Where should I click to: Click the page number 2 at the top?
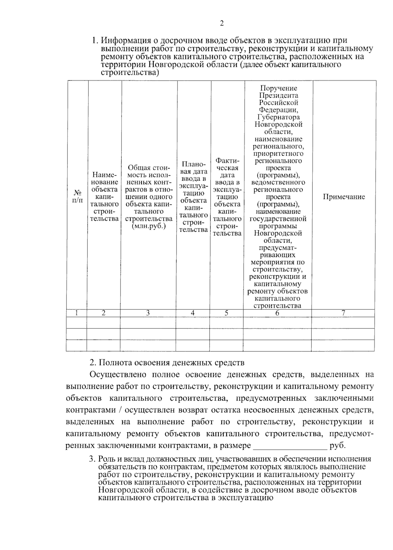[x=221, y=23]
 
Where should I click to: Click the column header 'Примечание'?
[x=344, y=197]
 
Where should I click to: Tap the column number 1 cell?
[x=76, y=313]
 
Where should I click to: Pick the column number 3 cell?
[x=148, y=313]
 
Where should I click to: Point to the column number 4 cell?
[x=193, y=313]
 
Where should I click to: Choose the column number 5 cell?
[x=227, y=313]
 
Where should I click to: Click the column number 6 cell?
[x=277, y=313]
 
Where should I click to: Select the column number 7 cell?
[x=343, y=313]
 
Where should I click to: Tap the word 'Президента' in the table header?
[x=279, y=95]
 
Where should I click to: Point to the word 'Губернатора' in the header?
[x=279, y=117]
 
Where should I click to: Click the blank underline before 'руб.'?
[x=290, y=446]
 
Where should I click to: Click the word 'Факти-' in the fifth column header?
[x=228, y=161]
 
